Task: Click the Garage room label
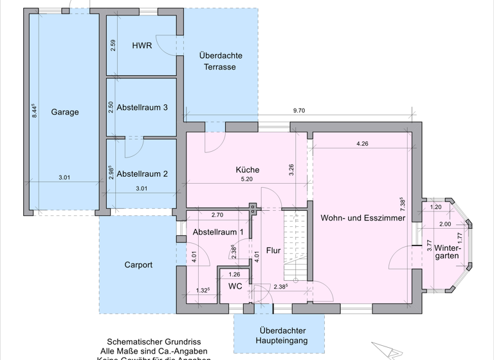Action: coord(64,112)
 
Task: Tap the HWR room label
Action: coord(142,46)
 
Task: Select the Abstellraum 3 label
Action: coord(142,107)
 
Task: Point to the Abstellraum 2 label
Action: coord(142,173)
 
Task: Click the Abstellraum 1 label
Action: coord(218,231)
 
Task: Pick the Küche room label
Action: coord(247,170)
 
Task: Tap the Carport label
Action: coord(138,264)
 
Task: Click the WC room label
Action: coord(235,286)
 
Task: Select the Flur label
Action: coord(273,250)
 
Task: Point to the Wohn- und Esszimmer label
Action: coord(363,218)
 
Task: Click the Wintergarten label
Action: coord(447,251)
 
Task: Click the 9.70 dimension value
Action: coord(298,111)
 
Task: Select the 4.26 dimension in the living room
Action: coord(362,143)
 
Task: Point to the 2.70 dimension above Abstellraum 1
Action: coord(217,215)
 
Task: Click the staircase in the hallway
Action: coord(294,248)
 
